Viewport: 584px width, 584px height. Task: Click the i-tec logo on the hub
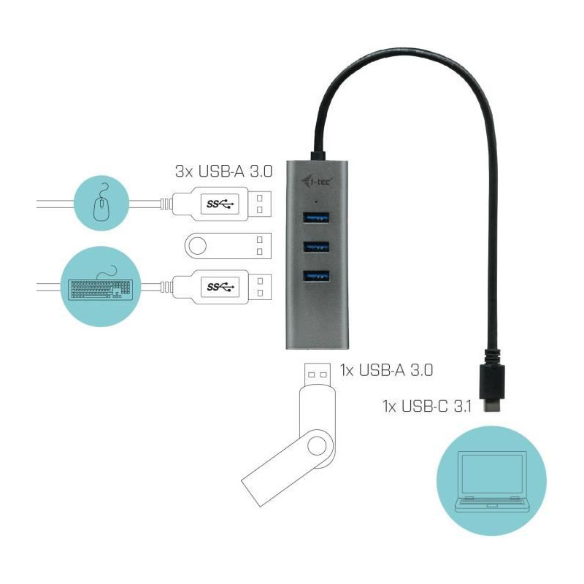click(x=317, y=182)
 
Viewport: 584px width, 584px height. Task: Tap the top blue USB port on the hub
click(x=316, y=218)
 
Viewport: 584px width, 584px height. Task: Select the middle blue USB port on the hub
click(x=316, y=247)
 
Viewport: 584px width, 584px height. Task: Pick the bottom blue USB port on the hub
click(x=316, y=276)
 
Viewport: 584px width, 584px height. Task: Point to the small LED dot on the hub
click(x=316, y=202)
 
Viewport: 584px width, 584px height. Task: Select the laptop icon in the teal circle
click(x=492, y=482)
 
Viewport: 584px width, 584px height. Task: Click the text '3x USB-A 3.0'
click(x=224, y=172)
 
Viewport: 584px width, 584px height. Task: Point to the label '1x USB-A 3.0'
click(x=386, y=370)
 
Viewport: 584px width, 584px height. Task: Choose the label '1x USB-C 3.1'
click(x=427, y=406)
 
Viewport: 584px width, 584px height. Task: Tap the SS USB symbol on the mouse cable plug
click(x=220, y=204)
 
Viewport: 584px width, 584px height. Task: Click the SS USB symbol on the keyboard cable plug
click(x=220, y=287)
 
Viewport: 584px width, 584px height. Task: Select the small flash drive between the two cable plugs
click(x=228, y=246)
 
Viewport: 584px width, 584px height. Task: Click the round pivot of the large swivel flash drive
click(x=317, y=445)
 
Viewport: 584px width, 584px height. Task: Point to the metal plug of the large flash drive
click(x=317, y=374)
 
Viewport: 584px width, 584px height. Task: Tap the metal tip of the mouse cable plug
click(x=260, y=204)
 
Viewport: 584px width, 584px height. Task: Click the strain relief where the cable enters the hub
click(x=318, y=155)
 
